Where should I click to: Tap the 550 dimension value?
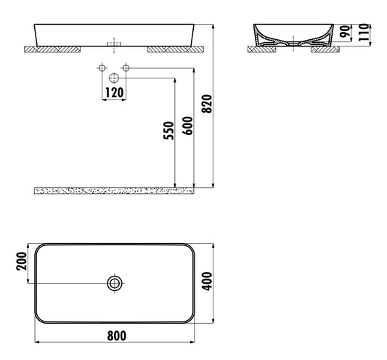tap(168, 131)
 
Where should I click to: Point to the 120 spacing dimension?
tap(114, 92)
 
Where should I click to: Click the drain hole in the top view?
tap(114, 283)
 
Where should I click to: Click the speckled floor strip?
tap(113, 189)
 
